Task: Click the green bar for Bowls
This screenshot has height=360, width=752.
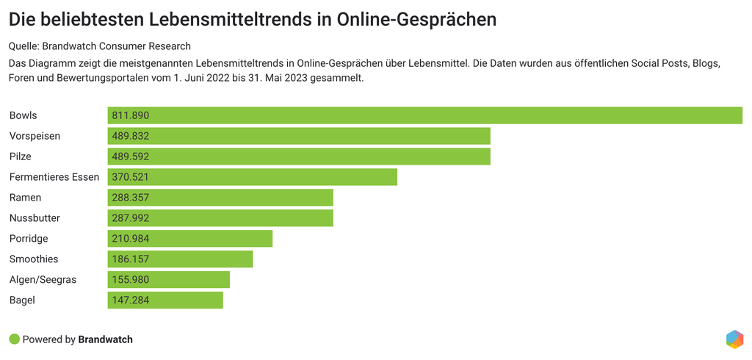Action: tap(424, 115)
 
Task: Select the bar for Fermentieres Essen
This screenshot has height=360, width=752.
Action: tap(252, 177)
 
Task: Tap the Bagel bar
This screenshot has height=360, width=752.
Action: tap(165, 300)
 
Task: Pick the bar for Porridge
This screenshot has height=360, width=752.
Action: tap(189, 239)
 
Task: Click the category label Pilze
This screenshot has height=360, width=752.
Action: tap(21, 156)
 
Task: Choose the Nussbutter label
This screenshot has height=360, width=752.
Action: tap(35, 218)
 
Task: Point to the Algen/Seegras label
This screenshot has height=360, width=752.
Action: tap(43, 280)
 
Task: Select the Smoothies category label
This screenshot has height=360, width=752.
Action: tap(34, 259)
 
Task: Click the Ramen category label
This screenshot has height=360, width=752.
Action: tap(25, 198)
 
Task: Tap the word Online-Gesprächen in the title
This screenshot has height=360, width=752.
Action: tap(424, 19)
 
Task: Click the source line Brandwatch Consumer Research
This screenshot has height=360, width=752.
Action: tap(121, 46)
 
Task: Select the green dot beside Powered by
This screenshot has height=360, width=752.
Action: tap(14, 339)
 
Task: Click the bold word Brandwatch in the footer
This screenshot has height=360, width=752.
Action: tap(105, 339)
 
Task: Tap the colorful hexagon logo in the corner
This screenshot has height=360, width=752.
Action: tap(734, 339)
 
